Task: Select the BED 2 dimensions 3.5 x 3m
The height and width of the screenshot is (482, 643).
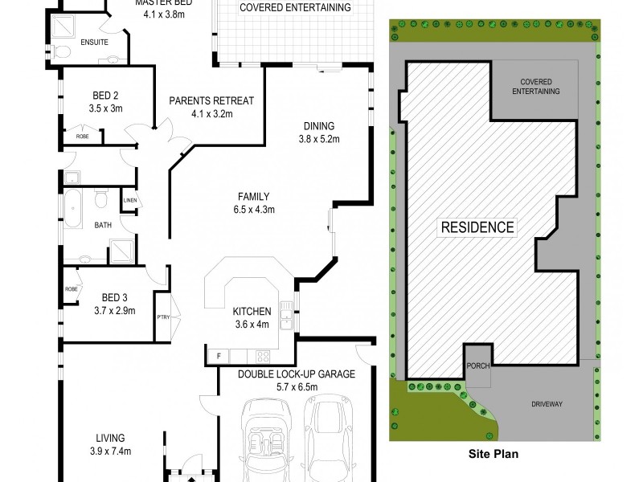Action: pos(104,108)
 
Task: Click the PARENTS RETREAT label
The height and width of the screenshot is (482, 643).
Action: pos(211,101)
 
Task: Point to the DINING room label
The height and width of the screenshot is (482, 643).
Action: pos(319,126)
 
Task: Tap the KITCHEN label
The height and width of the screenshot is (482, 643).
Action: pos(252,312)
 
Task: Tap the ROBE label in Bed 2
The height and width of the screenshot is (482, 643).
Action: pos(82,137)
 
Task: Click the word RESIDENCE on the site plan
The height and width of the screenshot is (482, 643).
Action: pos(477,227)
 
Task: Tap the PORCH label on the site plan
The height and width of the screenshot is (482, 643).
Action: pos(477,366)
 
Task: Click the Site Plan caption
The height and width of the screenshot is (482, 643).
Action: pos(494,454)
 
